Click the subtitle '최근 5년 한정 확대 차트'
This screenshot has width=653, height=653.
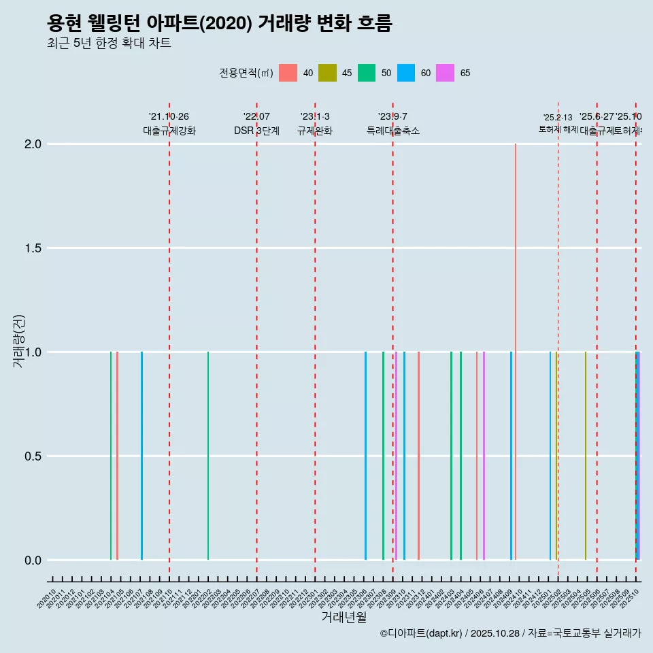109,44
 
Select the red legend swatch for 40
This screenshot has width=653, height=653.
288,73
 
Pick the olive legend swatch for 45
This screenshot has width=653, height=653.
327,73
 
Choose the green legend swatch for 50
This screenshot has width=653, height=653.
367,73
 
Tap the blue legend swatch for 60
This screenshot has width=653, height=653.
406,73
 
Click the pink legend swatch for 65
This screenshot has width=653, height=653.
446,73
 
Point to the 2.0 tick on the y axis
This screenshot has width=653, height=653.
33,144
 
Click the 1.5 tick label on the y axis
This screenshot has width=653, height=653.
33,248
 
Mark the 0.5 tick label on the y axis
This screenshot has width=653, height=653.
33,456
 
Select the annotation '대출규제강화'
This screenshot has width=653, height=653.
169,131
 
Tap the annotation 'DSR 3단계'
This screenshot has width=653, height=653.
256,131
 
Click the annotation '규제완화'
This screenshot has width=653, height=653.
315,131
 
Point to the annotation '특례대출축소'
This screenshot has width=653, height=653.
393,131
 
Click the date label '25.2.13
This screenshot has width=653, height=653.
558,118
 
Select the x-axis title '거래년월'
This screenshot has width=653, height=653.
344,617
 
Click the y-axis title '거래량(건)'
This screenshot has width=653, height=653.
18,341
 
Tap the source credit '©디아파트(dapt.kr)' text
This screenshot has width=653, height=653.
422,633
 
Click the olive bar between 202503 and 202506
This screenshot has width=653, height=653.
585,456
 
